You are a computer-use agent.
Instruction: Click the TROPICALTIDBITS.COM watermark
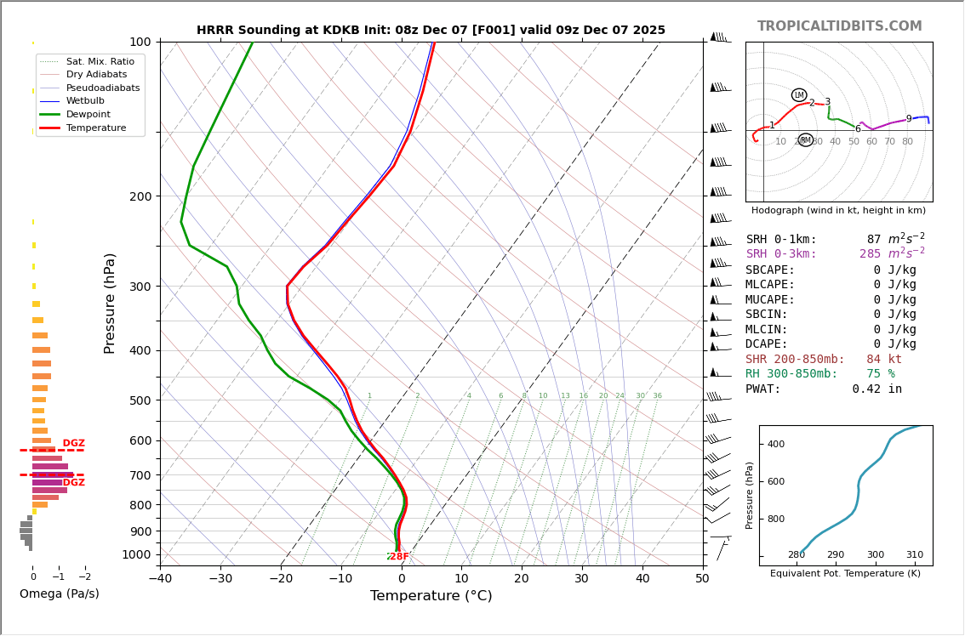[839, 26]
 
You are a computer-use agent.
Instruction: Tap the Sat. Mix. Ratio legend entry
[100, 61]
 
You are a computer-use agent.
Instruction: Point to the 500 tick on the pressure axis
[140, 400]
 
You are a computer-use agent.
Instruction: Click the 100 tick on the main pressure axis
[140, 42]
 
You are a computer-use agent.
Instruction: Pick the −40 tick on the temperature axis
[160, 579]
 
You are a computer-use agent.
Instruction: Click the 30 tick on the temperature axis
[582, 579]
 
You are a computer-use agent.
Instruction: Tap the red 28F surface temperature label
[399, 557]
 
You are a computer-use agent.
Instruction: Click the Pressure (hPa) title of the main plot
[111, 303]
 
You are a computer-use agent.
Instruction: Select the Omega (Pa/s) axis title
[59, 593]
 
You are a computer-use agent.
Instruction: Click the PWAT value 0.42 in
[876, 389]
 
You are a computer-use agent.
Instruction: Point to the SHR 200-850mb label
[795, 360]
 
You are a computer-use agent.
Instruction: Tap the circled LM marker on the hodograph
[799, 95]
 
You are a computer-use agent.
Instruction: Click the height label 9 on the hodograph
[908, 119]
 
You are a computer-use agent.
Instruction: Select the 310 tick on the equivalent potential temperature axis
[914, 554]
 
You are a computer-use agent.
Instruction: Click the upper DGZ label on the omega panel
[73, 444]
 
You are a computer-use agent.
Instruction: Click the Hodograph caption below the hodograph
[838, 211]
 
